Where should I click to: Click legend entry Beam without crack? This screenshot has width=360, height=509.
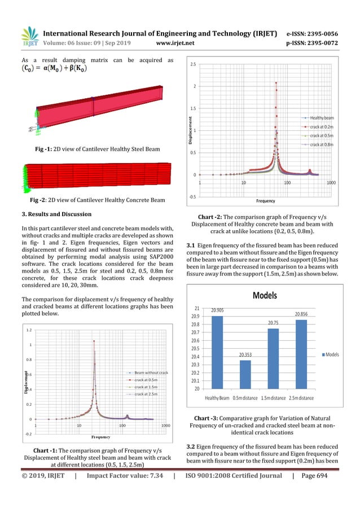(x=148, y=372)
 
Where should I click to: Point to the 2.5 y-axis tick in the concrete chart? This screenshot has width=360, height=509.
(x=192, y=64)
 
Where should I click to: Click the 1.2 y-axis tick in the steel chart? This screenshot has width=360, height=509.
(x=28, y=330)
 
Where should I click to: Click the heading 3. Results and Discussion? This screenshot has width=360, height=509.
(x=60, y=213)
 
